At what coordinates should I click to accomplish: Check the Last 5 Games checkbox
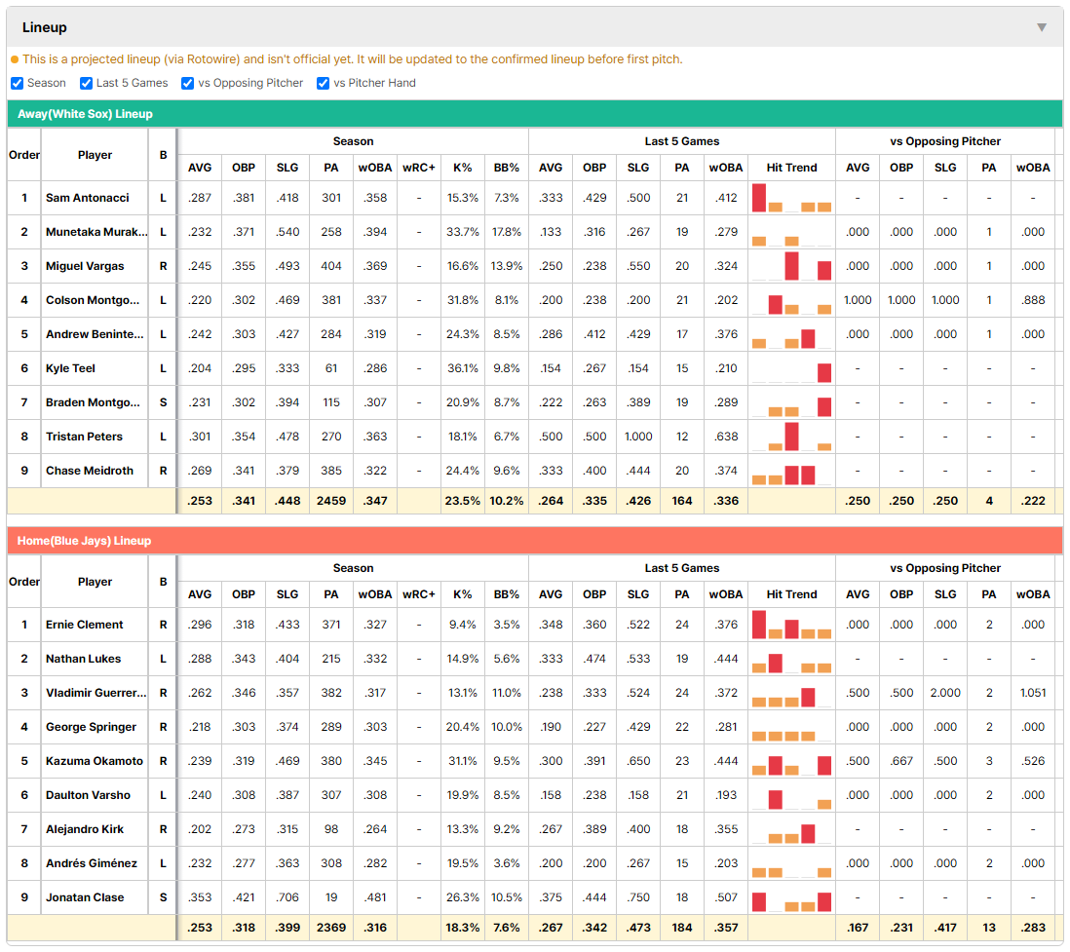[x=86, y=83]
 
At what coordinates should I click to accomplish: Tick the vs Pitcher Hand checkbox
[x=323, y=83]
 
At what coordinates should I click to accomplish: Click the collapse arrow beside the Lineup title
[x=1042, y=27]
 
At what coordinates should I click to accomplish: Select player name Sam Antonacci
[x=88, y=198]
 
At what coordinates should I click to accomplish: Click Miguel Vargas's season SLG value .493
[x=287, y=266]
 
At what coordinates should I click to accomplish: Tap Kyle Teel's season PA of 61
[x=331, y=368]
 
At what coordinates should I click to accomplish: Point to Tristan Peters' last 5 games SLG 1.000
[x=638, y=437]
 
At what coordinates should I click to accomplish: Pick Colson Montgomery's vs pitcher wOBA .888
[x=1033, y=300]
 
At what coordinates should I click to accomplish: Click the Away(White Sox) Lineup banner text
[x=86, y=114]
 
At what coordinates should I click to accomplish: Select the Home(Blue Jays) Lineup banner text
[x=84, y=541]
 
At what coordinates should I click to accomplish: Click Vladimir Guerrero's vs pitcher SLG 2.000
[x=945, y=693]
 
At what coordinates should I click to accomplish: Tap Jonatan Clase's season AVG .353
[x=200, y=897]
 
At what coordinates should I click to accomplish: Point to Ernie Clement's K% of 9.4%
[x=463, y=625]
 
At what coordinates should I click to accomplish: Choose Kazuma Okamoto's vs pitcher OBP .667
[x=901, y=761]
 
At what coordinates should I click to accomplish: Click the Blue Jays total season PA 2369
[x=331, y=928]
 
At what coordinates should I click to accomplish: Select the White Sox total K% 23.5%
[x=463, y=500]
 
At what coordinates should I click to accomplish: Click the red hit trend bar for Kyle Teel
[x=824, y=372]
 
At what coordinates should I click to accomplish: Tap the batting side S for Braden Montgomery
[x=163, y=402]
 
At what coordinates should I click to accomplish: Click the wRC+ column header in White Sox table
[x=419, y=168]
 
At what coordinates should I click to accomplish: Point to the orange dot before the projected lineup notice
[x=15, y=59]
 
